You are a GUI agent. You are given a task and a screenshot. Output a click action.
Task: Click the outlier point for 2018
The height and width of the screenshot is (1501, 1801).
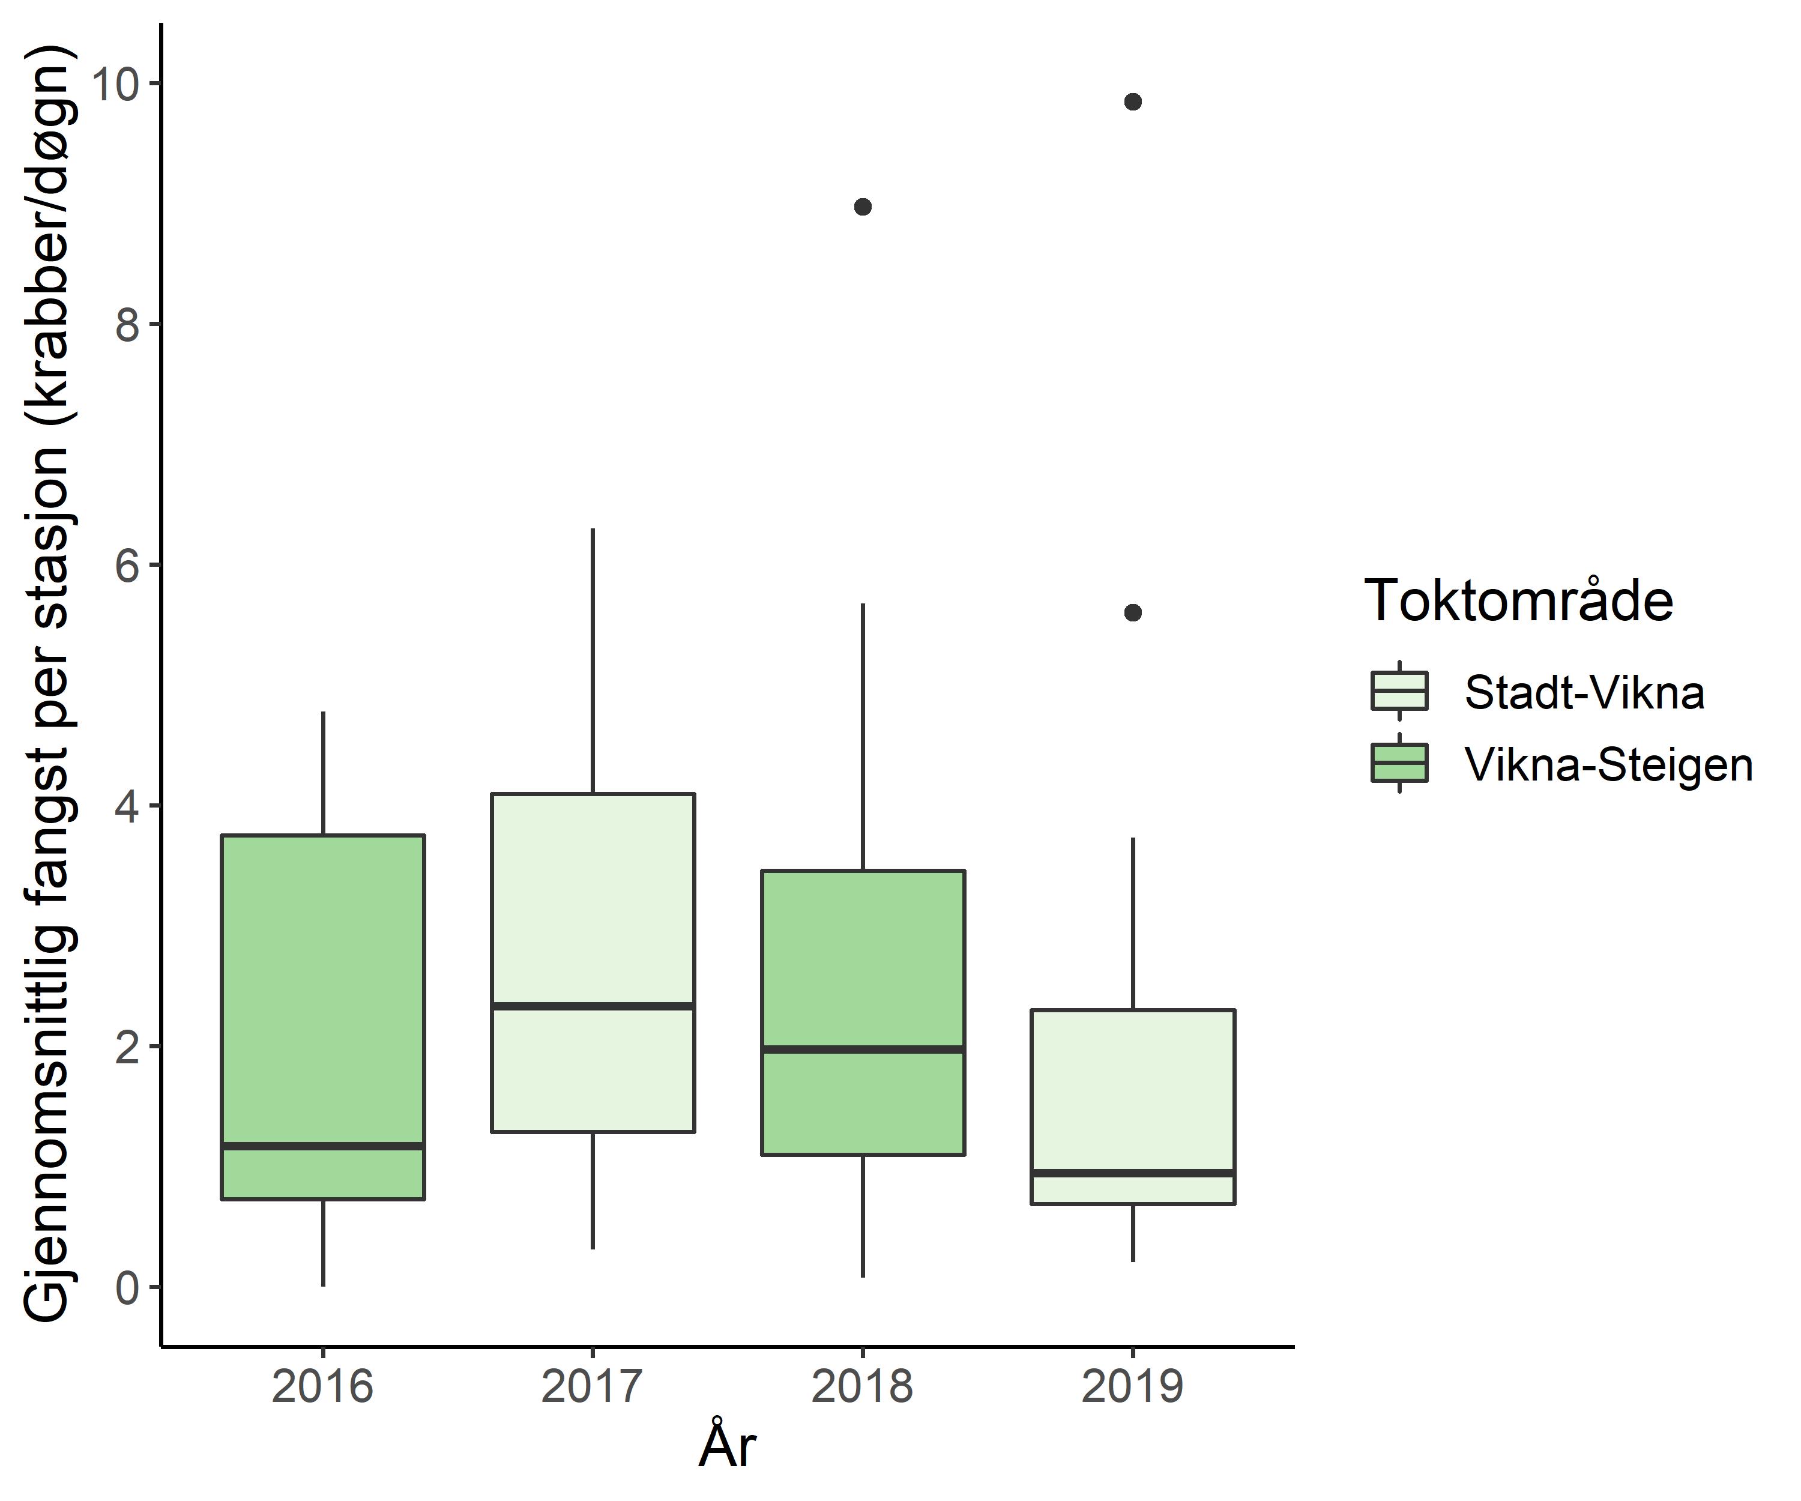point(863,207)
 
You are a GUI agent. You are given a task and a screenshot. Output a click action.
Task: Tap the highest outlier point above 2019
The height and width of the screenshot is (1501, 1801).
point(1133,102)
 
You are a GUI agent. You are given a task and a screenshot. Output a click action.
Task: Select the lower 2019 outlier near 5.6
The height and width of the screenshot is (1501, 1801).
point(1133,612)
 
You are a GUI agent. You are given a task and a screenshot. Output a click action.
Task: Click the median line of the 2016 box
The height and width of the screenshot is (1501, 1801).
point(324,1145)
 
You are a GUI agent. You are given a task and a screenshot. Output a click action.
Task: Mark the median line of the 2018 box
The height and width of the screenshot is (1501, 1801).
point(863,1049)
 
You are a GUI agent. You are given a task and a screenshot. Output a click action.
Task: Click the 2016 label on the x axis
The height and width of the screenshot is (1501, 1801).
point(324,1387)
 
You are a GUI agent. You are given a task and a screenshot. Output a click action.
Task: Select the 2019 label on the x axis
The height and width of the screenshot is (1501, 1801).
point(1133,1387)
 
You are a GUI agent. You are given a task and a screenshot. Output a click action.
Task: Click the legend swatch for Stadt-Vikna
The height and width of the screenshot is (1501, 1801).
point(1399,690)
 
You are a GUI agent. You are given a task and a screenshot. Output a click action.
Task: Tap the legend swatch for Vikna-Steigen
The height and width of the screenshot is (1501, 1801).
point(1399,763)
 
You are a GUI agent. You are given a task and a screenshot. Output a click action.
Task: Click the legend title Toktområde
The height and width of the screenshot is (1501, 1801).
point(1518,600)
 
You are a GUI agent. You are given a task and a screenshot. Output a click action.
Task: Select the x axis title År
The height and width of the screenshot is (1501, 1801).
point(727,1448)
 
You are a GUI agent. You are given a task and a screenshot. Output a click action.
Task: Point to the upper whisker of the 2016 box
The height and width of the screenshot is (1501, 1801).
point(324,773)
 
